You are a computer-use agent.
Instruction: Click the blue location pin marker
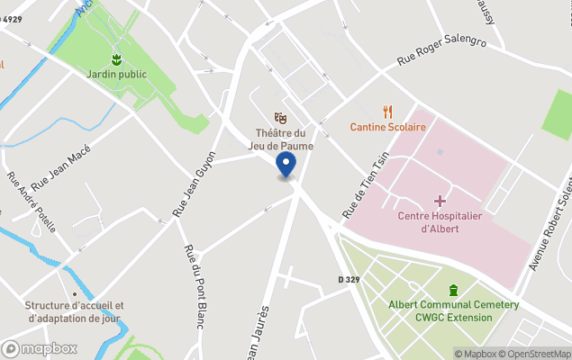pyautogui.click(x=286, y=166)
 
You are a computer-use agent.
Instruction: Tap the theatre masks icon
pyautogui.click(x=281, y=117)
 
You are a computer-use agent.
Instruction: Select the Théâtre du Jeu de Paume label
pyautogui.click(x=280, y=140)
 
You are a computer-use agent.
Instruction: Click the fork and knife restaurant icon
pyautogui.click(x=388, y=112)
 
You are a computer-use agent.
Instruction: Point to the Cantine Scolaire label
pyautogui.click(x=387, y=127)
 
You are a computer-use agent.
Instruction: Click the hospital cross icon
pyautogui.click(x=440, y=199)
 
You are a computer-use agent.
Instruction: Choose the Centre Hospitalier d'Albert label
pyautogui.click(x=440, y=221)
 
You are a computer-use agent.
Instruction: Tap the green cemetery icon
pyautogui.click(x=453, y=290)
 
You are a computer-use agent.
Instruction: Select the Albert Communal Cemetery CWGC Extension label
pyautogui.click(x=453, y=310)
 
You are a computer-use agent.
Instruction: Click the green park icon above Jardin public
pyautogui.click(x=116, y=59)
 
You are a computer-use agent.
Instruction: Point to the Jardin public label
pyautogui.click(x=116, y=74)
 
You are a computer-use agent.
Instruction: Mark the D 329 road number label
pyautogui.click(x=350, y=281)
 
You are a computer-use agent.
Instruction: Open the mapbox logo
pyautogui.click(x=40, y=348)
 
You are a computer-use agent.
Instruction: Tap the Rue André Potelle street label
pyautogui.click(x=32, y=202)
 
